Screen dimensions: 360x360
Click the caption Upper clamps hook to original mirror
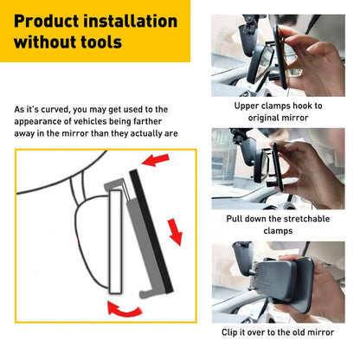(x=278, y=111)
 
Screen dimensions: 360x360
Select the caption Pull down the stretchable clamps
(x=278, y=225)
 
